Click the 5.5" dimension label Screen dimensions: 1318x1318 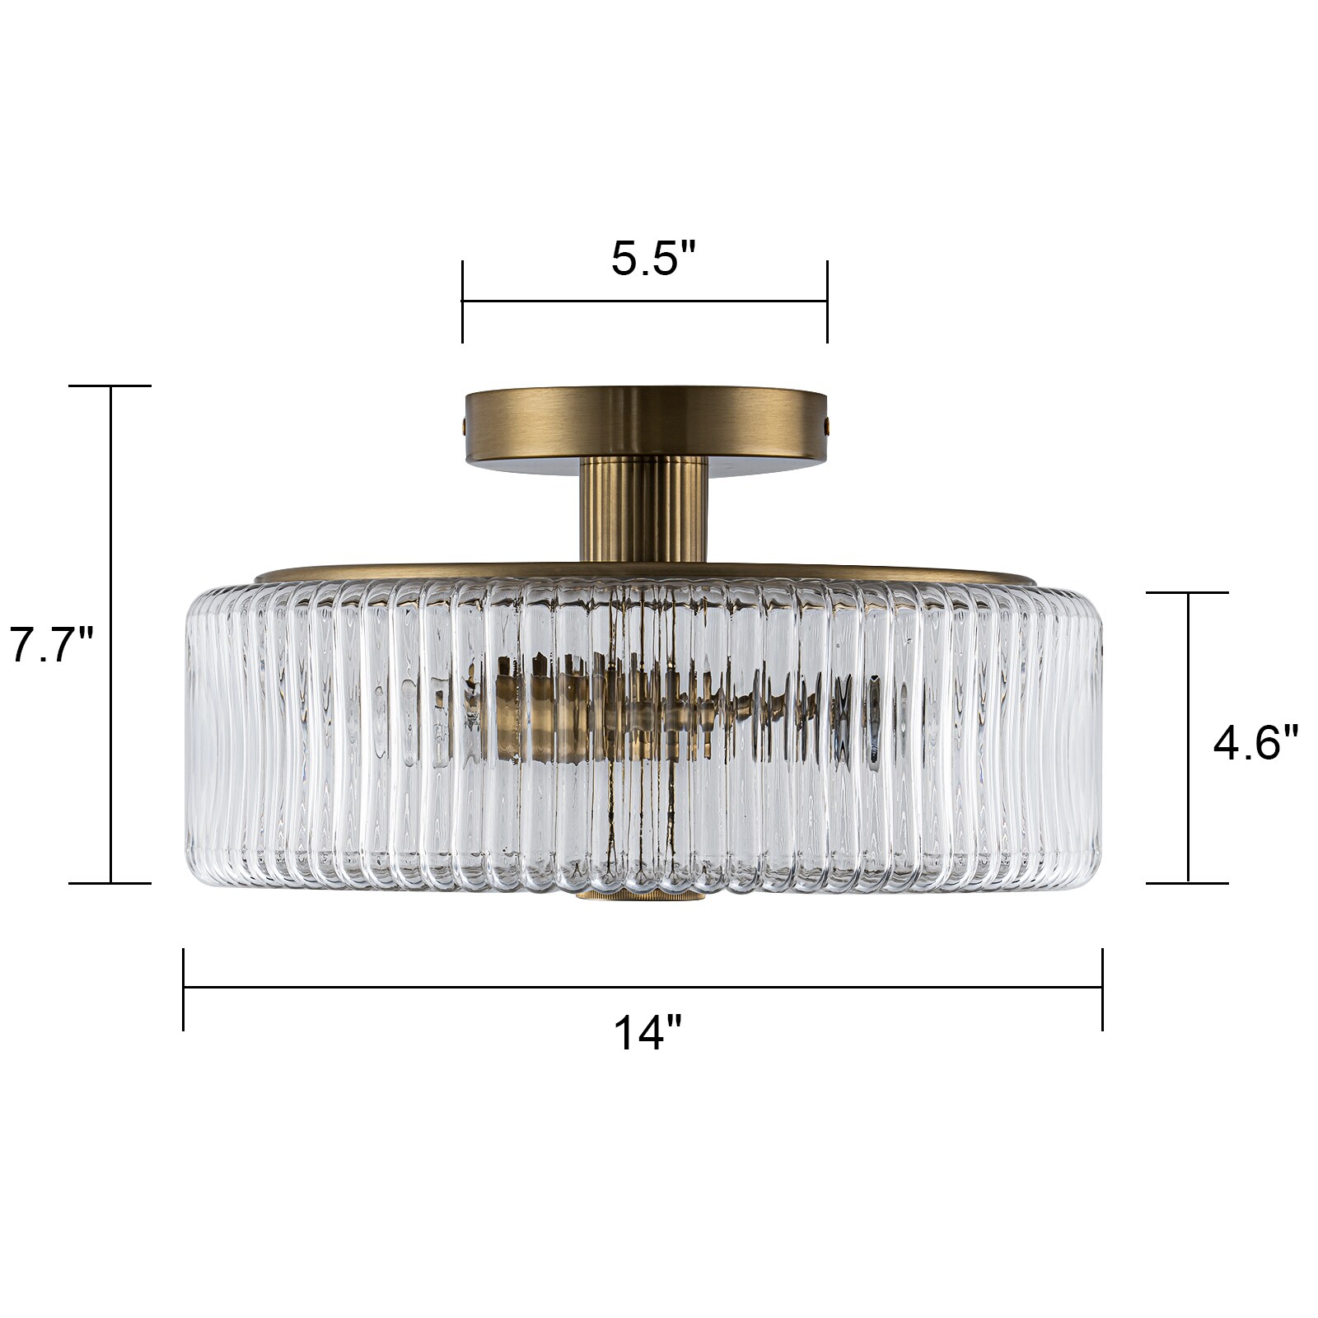click(x=653, y=259)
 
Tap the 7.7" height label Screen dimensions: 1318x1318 click(x=51, y=645)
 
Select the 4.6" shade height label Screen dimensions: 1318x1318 click(x=1255, y=745)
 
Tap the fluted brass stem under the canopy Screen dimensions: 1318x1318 click(x=643, y=509)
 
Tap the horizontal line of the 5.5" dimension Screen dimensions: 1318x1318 click(x=644, y=301)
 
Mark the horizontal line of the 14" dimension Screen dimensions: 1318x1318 click(x=643, y=987)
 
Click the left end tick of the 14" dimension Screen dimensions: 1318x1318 click(x=184, y=988)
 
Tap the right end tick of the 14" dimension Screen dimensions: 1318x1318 click(x=1102, y=988)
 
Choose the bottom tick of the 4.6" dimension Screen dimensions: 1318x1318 click(x=1187, y=883)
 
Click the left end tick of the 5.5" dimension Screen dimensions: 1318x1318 click(x=462, y=301)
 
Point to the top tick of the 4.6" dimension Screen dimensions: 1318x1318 click(x=1187, y=592)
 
